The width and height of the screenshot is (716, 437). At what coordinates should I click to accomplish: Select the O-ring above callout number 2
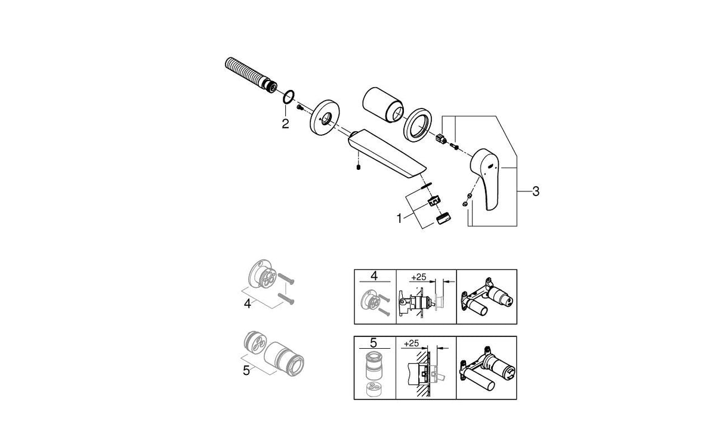coord(289,96)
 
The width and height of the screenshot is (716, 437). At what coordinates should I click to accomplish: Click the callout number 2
coord(285,124)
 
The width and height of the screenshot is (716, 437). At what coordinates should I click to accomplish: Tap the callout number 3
coord(536,191)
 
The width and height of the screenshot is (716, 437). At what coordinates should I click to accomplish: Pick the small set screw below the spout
coord(357,168)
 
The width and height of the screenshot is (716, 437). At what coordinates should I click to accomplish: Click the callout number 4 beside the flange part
coord(248,303)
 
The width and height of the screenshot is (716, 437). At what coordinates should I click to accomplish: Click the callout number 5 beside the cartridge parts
coord(246,370)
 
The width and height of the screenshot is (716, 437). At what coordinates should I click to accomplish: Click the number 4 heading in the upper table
coord(375,276)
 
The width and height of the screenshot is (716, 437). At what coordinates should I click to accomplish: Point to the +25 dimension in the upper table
coord(418,277)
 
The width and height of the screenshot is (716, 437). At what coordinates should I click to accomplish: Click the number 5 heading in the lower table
coord(375,343)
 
